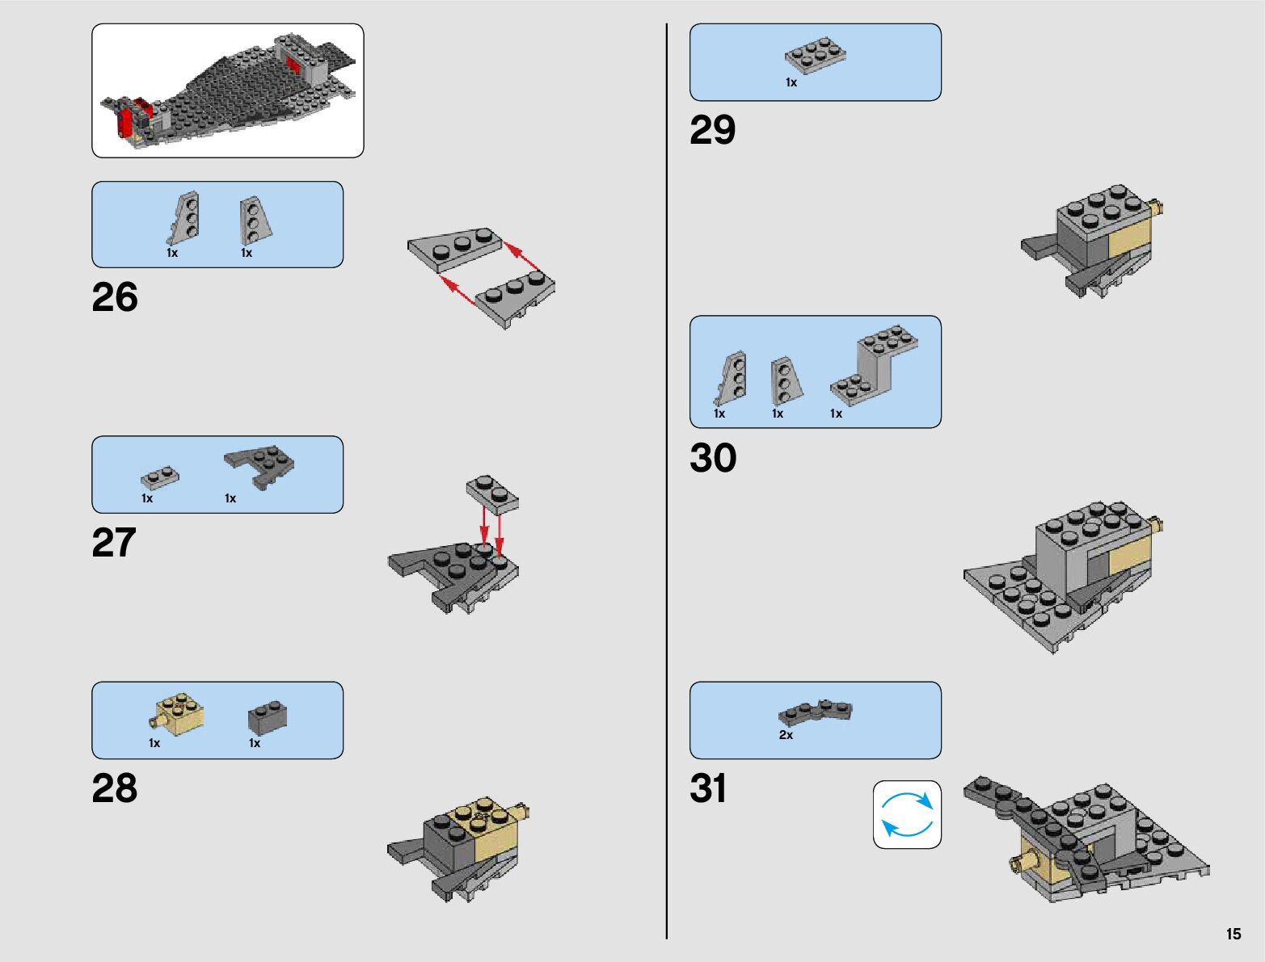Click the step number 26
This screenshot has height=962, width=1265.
tap(115, 297)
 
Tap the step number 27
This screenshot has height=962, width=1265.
tap(114, 543)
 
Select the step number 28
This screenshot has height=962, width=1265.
tap(115, 788)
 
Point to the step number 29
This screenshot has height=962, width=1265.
tap(712, 130)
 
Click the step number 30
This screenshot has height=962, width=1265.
tap(713, 458)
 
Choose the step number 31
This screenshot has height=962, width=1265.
tap(708, 788)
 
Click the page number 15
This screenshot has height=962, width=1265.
tap(1233, 934)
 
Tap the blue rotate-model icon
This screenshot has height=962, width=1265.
tap(907, 814)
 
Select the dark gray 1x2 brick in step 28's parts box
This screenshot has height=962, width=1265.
tap(268, 717)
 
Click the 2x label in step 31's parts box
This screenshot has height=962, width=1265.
tap(786, 735)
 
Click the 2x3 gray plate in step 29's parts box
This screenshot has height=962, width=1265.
tap(815, 53)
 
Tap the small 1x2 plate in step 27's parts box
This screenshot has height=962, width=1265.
tap(160, 477)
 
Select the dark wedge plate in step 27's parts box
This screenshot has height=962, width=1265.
tap(260, 465)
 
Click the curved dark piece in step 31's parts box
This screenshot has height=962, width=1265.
tap(815, 712)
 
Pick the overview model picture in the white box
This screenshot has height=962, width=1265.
tap(228, 90)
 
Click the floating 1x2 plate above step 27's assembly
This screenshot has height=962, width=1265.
tap(492, 493)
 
